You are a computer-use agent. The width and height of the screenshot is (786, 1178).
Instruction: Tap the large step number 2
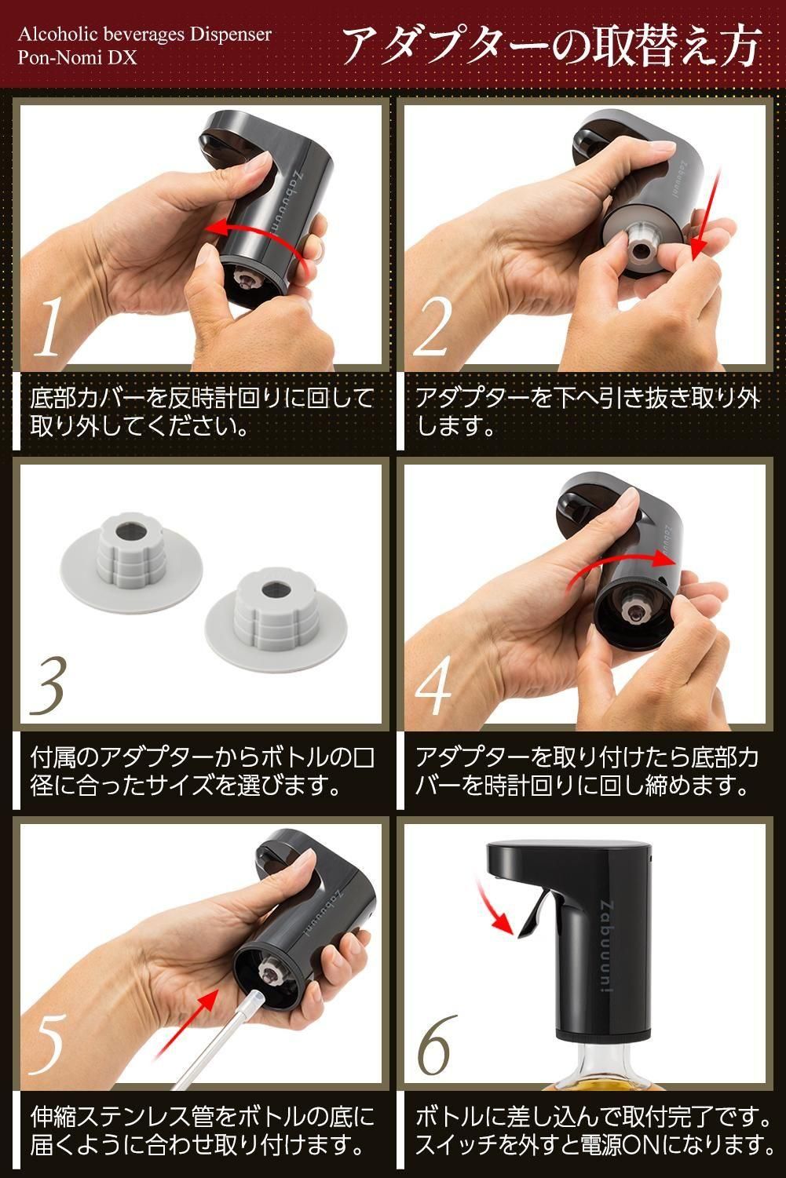pyautogui.click(x=433, y=326)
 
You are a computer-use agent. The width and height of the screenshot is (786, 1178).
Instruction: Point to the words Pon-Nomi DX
pyautogui.click(x=77, y=57)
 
